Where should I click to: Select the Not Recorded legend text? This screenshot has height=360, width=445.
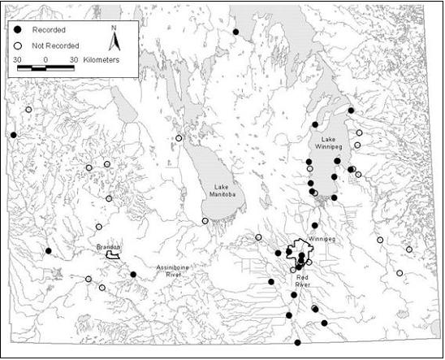(55, 46)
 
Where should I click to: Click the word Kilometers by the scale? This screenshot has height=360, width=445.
(100, 60)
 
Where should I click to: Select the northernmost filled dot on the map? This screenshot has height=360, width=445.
(236, 32)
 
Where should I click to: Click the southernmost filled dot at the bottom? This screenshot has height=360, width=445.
(297, 342)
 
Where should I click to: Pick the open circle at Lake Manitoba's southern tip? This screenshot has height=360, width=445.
(205, 221)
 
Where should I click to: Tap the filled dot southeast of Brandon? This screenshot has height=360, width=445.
(133, 275)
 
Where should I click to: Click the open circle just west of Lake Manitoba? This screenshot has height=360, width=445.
(179, 138)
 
